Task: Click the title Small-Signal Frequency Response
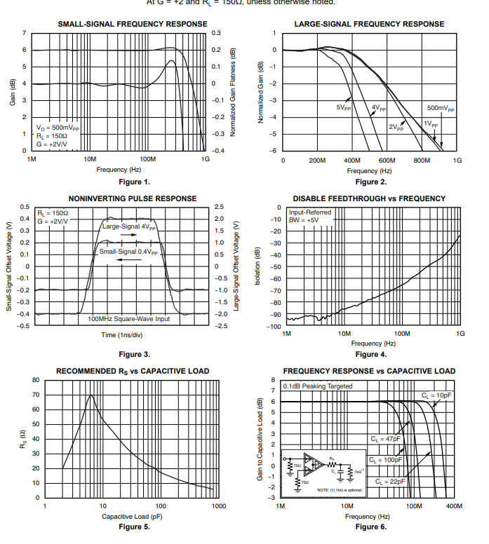pyautogui.click(x=132, y=24)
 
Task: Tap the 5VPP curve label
pyautogui.click(x=343, y=107)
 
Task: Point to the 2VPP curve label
pyautogui.click(x=397, y=127)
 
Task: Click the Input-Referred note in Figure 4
pyautogui.click(x=310, y=212)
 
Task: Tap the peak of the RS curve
pyautogui.click(x=91, y=395)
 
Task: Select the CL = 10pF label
pyautogui.click(x=437, y=395)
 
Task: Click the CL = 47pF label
pyautogui.click(x=386, y=439)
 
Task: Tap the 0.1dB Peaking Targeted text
pyautogui.click(x=318, y=386)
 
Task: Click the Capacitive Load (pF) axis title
pyautogui.click(x=132, y=517)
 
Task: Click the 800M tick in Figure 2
pyautogui.click(x=422, y=161)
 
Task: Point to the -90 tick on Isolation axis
pyautogui.click(x=276, y=315)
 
